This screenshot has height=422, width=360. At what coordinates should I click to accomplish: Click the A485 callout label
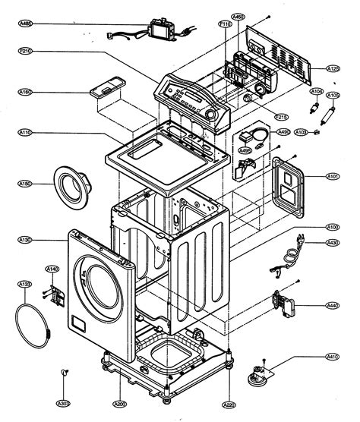point(25,24)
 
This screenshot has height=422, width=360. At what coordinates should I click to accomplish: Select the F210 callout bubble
point(25,52)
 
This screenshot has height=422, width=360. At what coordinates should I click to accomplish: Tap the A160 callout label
point(25,93)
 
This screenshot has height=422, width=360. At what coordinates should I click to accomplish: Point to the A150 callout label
point(25,184)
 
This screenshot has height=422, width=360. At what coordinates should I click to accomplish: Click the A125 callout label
point(333,68)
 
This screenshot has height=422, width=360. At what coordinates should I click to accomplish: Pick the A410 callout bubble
point(332,357)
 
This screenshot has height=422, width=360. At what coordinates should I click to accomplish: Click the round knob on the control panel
point(210,113)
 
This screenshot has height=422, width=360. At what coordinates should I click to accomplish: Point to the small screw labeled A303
point(64,372)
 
